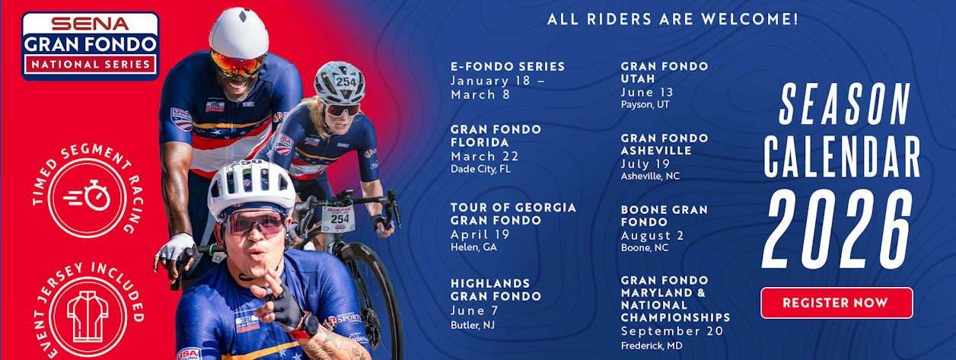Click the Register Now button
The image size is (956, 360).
[837, 303]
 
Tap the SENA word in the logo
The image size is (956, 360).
[90, 24]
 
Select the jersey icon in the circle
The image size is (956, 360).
[88, 317]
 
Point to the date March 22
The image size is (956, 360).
[485, 157]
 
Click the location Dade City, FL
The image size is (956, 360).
[480, 169]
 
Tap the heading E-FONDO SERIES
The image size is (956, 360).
[508, 66]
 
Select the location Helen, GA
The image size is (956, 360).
[473, 247]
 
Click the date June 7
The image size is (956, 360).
[475, 311]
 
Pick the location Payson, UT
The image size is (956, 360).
[645, 105]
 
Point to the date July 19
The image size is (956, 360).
[645, 164]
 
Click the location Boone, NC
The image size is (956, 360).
[645, 248]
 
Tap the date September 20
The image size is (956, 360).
[672, 331]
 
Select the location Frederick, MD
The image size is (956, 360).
[652, 346]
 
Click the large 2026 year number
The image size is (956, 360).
[837, 229]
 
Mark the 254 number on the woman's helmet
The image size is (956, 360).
[346, 81]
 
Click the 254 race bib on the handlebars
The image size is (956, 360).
[338, 218]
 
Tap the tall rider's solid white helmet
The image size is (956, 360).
[239, 33]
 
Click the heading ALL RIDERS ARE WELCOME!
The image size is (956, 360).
[673, 19]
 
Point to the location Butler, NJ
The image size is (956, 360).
[473, 326]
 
